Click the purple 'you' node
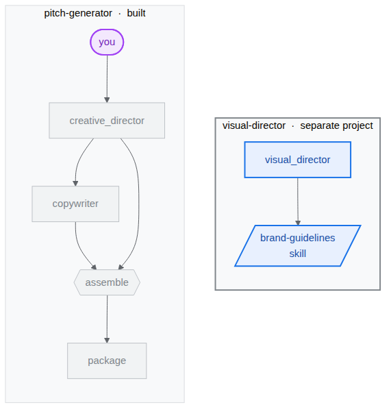[x=107, y=42]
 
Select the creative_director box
[x=107, y=121]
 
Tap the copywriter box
[x=75, y=204]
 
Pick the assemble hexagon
[x=107, y=282]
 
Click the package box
[x=107, y=361]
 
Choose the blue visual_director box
[x=298, y=160]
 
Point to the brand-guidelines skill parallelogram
[x=298, y=245]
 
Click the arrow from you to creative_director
[x=107, y=79]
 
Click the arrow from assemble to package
[x=107, y=319]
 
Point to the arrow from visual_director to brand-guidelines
[x=298, y=202]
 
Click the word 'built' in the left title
[x=136, y=13]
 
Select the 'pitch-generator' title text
[x=78, y=13]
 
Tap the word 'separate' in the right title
[x=318, y=125]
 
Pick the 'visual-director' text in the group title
[x=254, y=125]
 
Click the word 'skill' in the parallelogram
[x=298, y=254]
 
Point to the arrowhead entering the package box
[x=107, y=340]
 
